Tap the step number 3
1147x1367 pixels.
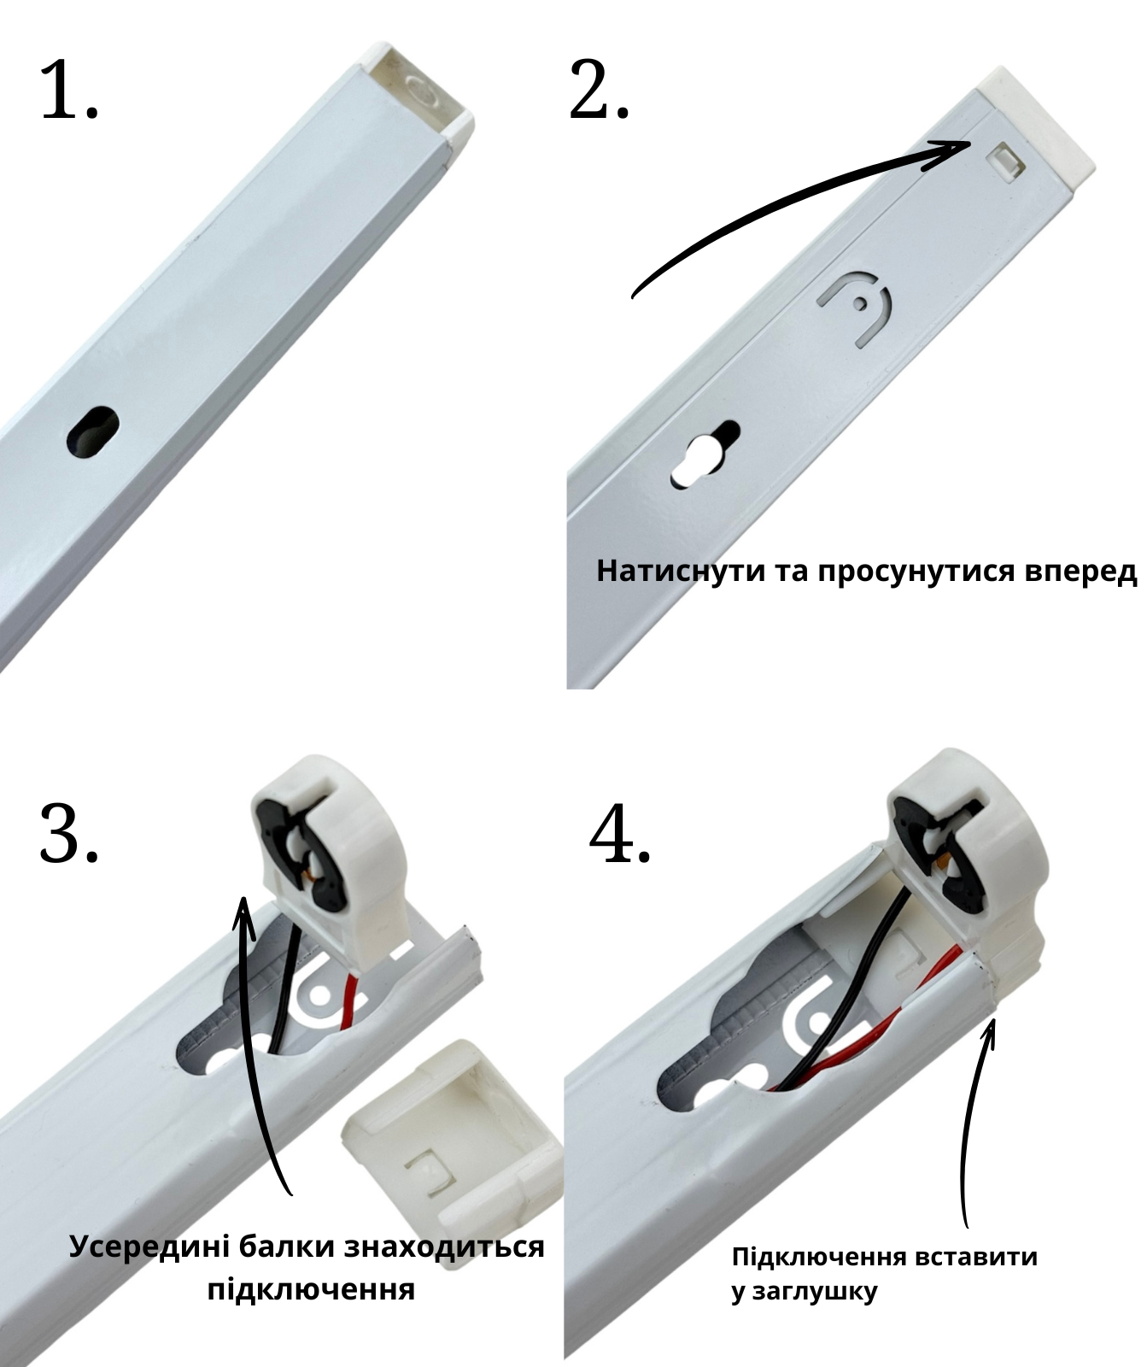69,833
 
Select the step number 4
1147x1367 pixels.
621,833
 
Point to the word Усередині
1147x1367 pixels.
145,1247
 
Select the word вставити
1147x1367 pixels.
975,1257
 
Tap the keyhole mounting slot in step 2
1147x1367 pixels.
705,455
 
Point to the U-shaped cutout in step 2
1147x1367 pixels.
854,308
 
